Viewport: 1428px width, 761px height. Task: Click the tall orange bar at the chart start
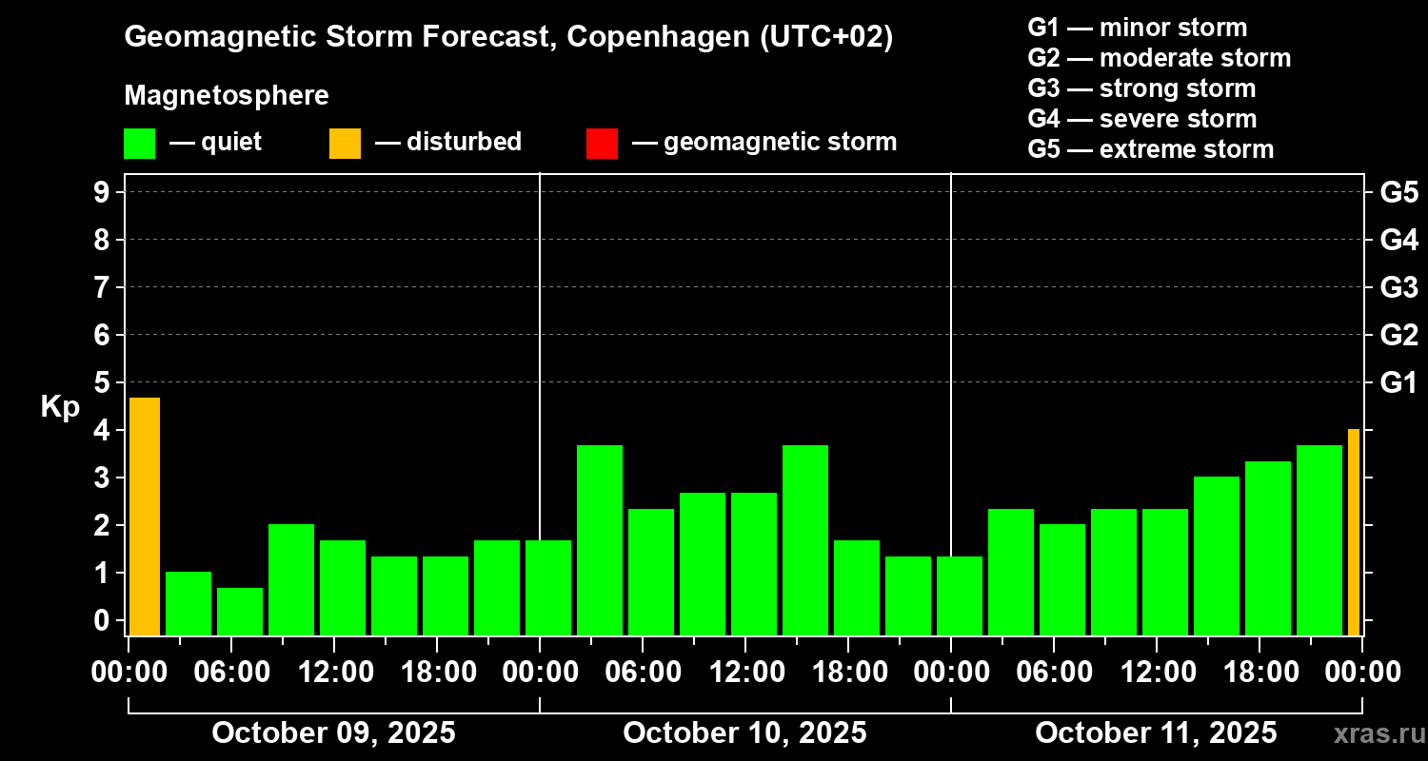click(x=144, y=517)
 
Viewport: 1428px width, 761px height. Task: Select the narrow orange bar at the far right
click(x=1354, y=533)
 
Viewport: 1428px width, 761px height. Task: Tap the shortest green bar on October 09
click(x=240, y=612)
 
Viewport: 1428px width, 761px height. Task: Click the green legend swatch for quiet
click(x=139, y=143)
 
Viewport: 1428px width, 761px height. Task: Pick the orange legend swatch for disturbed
click(x=345, y=143)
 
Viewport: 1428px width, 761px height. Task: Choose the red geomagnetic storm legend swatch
click(x=602, y=143)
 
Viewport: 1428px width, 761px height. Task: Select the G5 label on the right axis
click(x=1398, y=192)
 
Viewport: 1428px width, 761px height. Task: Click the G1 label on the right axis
click(x=1398, y=382)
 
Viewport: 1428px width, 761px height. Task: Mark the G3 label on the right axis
click(x=1398, y=287)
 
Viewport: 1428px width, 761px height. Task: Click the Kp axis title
click(x=60, y=407)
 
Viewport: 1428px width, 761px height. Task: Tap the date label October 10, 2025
click(x=744, y=732)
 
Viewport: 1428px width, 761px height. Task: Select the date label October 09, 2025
click(x=333, y=732)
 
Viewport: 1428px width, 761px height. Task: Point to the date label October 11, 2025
click(x=1156, y=732)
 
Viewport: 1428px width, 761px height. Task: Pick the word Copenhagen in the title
click(x=655, y=38)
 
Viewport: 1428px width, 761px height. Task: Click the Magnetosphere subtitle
click(x=227, y=96)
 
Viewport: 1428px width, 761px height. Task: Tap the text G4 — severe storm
click(x=1142, y=119)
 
